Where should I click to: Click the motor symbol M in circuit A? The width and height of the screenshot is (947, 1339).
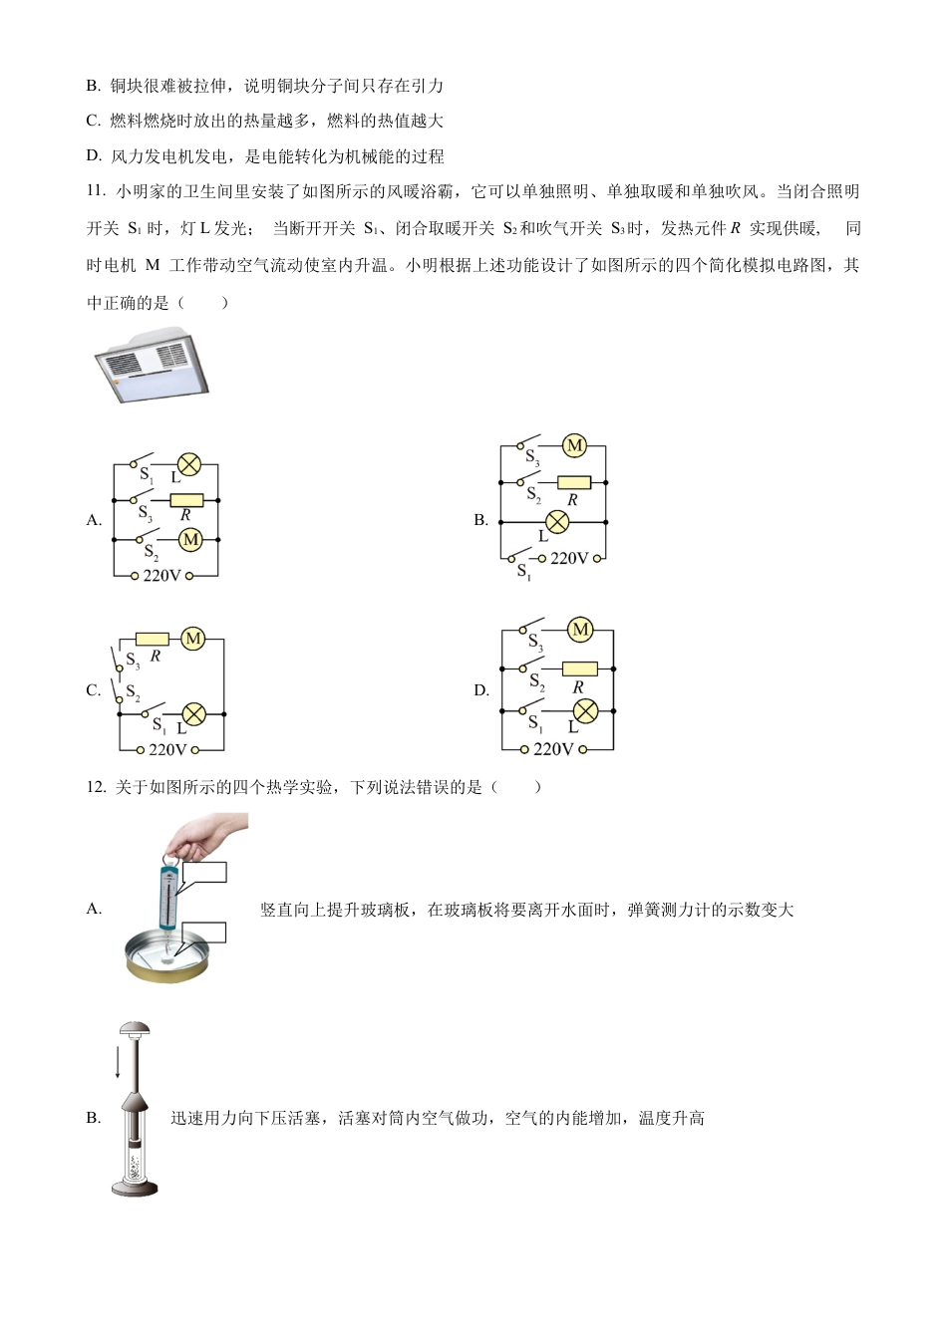[190, 539]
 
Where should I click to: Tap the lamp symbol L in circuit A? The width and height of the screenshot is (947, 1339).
[188, 464]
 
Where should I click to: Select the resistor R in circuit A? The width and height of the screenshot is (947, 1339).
[186, 500]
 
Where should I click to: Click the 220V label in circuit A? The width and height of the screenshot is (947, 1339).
[162, 576]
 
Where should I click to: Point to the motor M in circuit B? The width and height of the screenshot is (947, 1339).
[574, 446]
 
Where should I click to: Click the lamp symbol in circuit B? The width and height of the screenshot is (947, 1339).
[557, 521]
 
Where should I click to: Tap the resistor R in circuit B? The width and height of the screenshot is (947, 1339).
[573, 483]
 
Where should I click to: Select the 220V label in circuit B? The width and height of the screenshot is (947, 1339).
[569, 559]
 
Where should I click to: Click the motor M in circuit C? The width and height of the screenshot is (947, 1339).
[193, 639]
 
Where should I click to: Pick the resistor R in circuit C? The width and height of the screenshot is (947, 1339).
[153, 639]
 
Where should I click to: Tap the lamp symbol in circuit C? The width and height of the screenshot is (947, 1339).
[193, 713]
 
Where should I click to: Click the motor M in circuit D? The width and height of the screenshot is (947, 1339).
[580, 630]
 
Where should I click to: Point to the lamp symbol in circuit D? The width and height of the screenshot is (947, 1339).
[587, 710]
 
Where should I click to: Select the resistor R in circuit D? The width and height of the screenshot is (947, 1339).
[579, 669]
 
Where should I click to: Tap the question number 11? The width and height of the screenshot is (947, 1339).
[96, 191]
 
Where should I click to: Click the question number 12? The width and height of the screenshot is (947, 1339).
[96, 787]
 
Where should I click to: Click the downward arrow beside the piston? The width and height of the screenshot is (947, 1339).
[118, 1061]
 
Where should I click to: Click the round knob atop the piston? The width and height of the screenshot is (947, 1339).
[136, 1030]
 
